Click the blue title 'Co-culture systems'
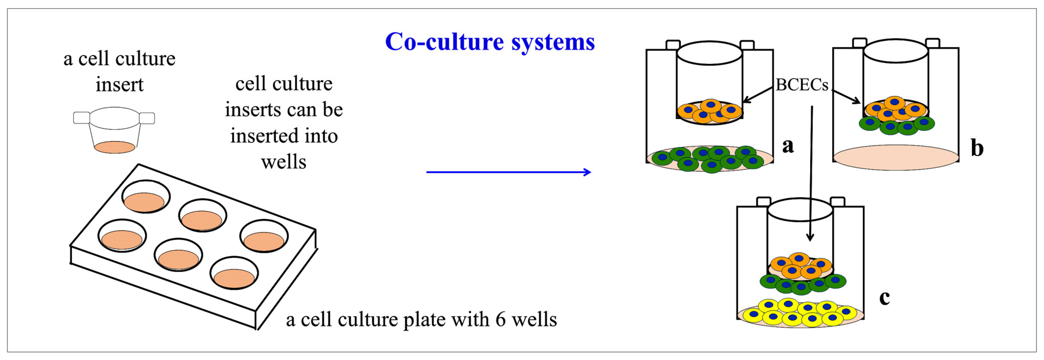click(490, 42)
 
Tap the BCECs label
click(801, 85)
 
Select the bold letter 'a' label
click(788, 145)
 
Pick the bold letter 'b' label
click(977, 147)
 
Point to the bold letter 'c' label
click(885, 298)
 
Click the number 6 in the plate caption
click(500, 320)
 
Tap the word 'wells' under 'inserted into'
click(284, 162)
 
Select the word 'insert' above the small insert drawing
click(119, 85)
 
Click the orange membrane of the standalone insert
click(115, 147)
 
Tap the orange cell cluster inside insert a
click(709, 111)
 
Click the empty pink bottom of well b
click(896, 158)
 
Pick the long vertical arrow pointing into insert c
click(811, 174)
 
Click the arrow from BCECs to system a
click(758, 95)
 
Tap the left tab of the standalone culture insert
click(81, 118)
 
